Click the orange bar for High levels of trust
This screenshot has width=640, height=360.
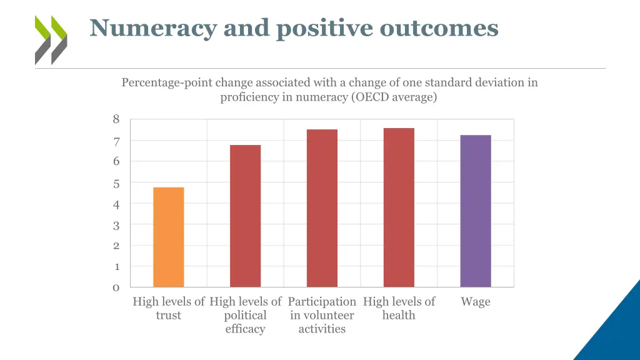(x=168, y=237)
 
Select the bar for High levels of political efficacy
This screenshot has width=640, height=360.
(x=245, y=216)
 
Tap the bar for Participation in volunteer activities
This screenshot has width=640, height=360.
(x=322, y=208)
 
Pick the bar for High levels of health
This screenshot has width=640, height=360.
(x=399, y=207)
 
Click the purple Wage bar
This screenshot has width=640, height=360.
(x=476, y=211)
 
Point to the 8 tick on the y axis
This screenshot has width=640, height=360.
(x=116, y=119)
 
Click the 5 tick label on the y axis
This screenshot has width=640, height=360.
(x=116, y=184)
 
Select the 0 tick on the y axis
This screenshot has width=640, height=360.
(x=116, y=287)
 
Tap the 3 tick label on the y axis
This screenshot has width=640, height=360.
(x=116, y=225)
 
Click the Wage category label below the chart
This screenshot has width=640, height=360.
(x=476, y=302)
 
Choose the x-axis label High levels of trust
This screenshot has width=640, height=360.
(x=169, y=308)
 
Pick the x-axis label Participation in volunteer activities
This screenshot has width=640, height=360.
(x=322, y=315)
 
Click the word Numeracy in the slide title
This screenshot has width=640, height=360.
(x=152, y=28)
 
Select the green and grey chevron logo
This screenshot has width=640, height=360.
(x=51, y=40)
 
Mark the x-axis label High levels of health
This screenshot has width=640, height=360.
(x=399, y=308)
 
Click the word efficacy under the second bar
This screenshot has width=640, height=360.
(x=245, y=329)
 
